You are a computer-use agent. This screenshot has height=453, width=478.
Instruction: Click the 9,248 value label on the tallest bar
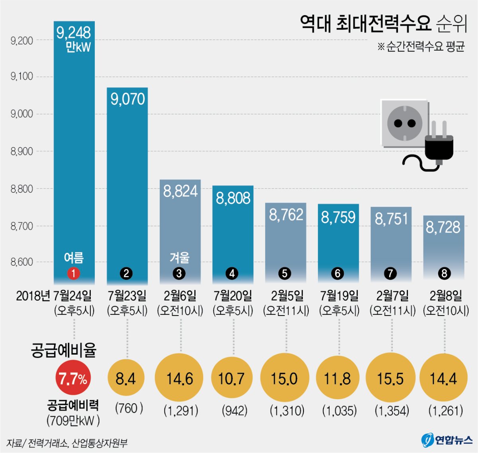[74, 33]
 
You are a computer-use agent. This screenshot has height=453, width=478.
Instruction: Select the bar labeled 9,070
[127, 183]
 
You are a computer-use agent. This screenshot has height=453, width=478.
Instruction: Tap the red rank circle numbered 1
[74, 273]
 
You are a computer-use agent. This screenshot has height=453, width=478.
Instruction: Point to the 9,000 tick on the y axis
[22, 114]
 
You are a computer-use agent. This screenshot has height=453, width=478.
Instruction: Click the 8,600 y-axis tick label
[22, 262]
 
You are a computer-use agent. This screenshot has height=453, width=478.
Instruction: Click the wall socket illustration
[404, 123]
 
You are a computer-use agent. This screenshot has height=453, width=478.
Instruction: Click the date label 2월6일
[180, 296]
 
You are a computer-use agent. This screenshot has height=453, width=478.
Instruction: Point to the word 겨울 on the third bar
[180, 258]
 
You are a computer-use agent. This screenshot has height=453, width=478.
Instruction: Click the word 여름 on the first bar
[74, 258]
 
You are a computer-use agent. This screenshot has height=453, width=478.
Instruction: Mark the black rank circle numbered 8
[444, 273]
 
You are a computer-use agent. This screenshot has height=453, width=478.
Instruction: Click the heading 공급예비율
[64, 350]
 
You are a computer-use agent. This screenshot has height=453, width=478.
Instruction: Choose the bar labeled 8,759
[338, 243]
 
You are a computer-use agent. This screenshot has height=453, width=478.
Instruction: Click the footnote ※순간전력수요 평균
[421, 47]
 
